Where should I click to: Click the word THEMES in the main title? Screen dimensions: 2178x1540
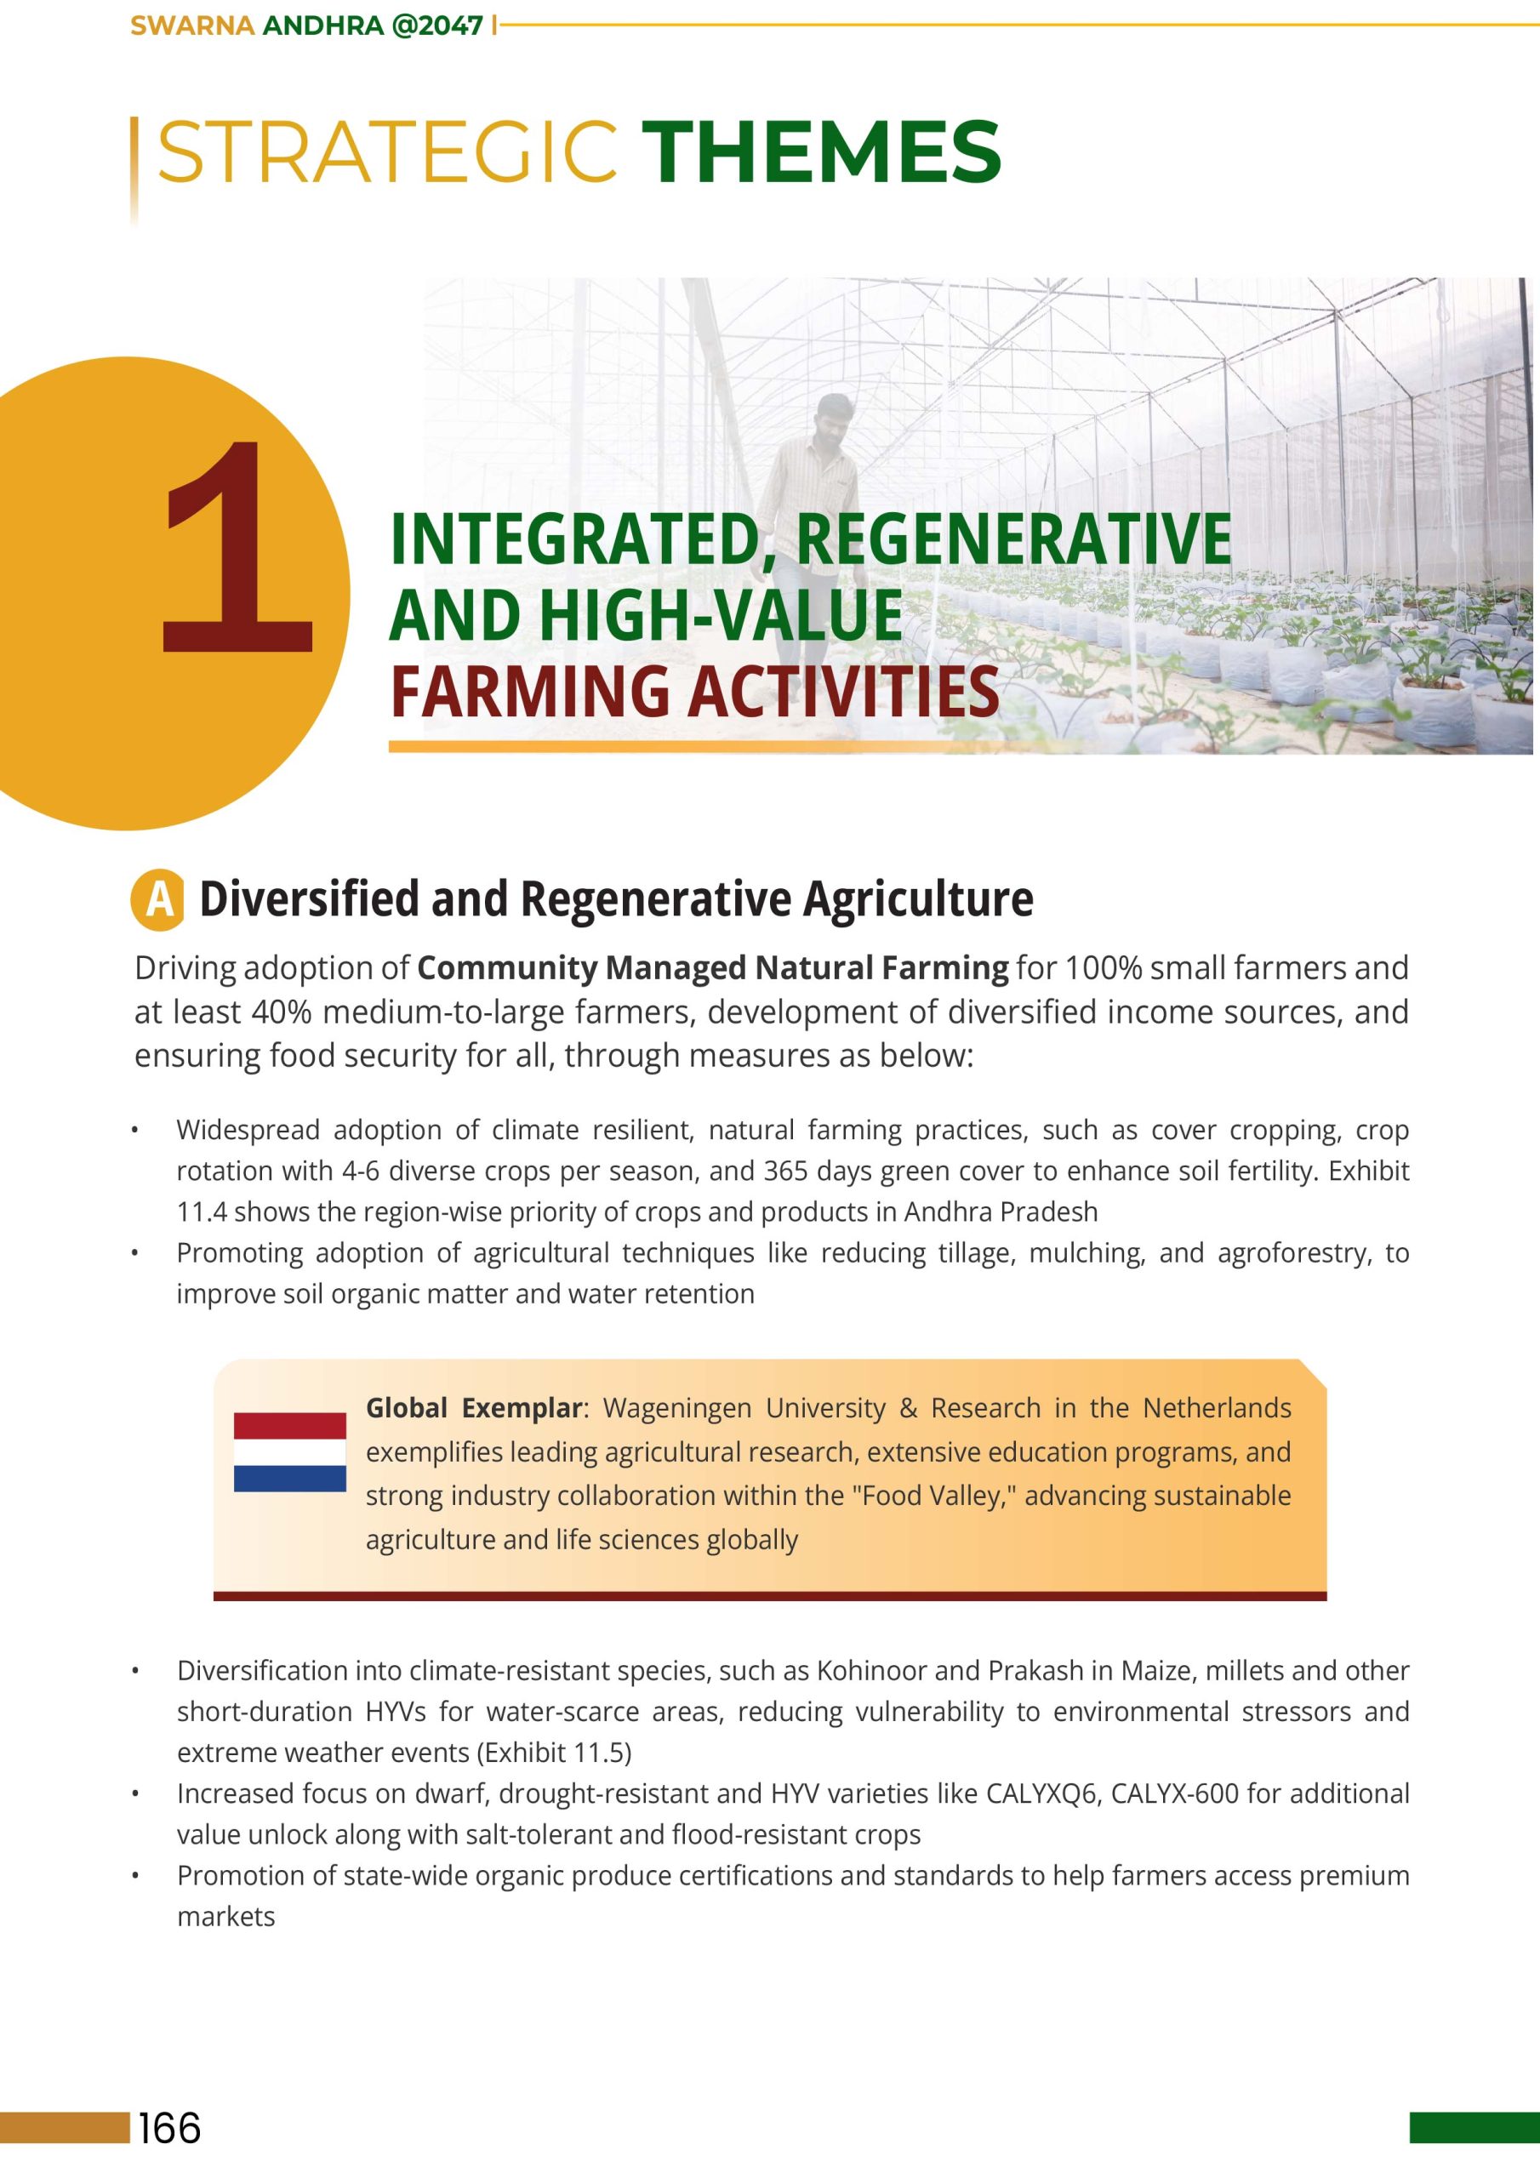click(821, 151)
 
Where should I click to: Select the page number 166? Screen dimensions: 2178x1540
click(170, 2128)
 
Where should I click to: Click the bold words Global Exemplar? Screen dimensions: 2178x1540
click(472, 1408)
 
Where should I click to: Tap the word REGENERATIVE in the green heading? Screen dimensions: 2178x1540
click(1013, 539)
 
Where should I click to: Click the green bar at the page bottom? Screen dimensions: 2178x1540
click(1474, 2127)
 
